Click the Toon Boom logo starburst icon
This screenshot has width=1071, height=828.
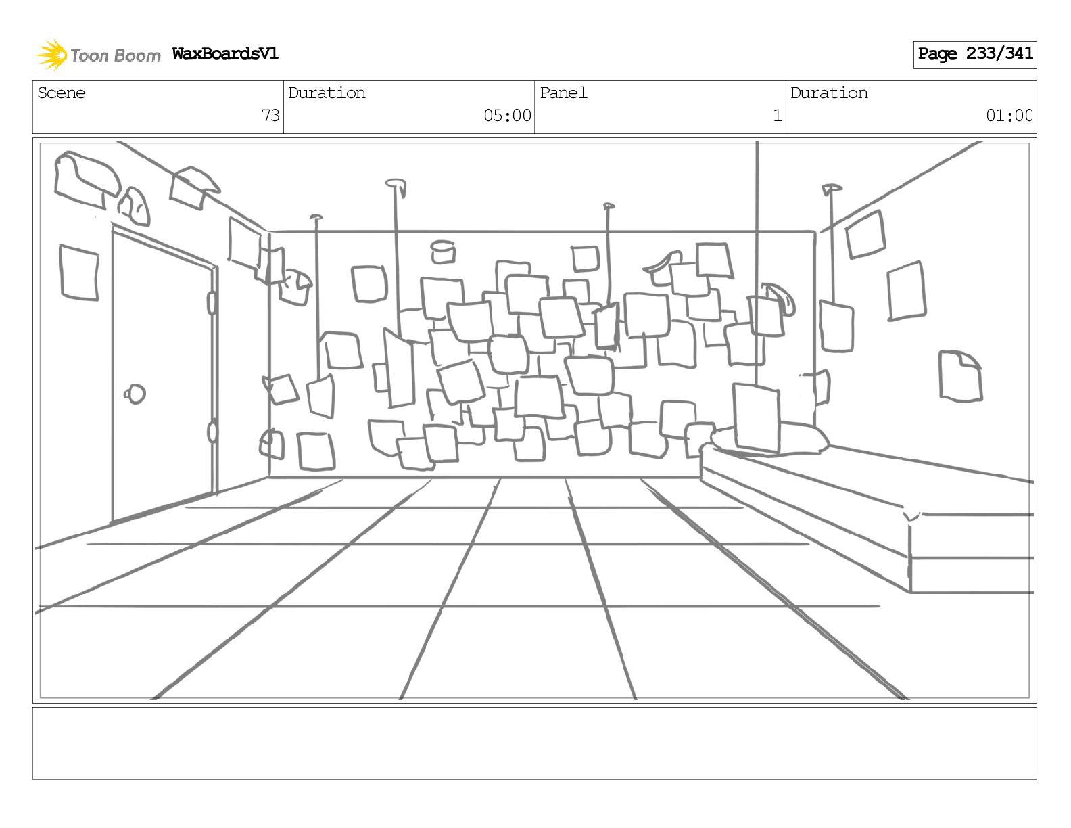(x=51, y=55)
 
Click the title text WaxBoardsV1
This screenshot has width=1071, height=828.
(x=224, y=53)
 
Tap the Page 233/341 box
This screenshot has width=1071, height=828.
(x=974, y=54)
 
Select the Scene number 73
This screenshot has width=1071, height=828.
(x=270, y=116)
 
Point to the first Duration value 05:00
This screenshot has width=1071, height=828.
(x=507, y=116)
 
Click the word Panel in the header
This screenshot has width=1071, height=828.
(x=563, y=93)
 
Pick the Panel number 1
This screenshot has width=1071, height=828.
(x=777, y=116)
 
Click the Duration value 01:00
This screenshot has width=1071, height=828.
(x=1009, y=116)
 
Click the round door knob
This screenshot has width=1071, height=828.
(x=135, y=393)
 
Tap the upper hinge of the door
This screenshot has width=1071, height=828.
(x=212, y=302)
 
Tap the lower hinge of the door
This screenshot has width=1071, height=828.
(x=212, y=431)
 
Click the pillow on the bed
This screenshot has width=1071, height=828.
(x=801, y=438)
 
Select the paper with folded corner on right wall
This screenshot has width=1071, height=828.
(x=960, y=375)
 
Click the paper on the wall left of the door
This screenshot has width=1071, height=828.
(x=79, y=272)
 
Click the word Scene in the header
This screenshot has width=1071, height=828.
(x=62, y=93)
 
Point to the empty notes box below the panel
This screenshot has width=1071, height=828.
(x=534, y=743)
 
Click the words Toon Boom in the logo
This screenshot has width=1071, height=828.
(x=115, y=55)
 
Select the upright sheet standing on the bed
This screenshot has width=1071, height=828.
(x=757, y=417)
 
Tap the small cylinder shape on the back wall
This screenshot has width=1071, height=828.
(x=443, y=251)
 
